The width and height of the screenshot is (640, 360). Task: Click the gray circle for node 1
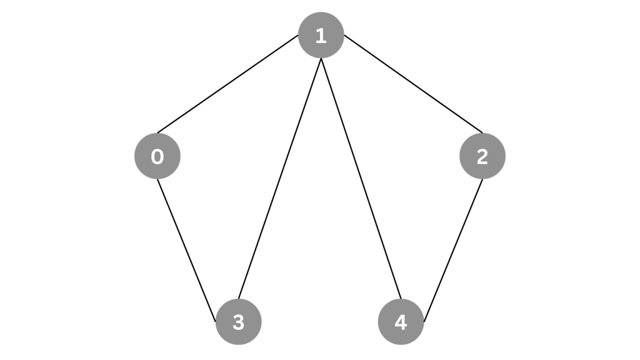pyautogui.click(x=321, y=35)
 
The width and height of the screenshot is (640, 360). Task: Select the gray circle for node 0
pyautogui.click(x=157, y=156)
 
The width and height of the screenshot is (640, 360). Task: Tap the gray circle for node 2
pyautogui.click(x=482, y=156)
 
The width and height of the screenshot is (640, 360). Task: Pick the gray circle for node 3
pyautogui.click(x=238, y=322)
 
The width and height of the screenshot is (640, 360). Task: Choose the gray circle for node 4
pyautogui.click(x=401, y=322)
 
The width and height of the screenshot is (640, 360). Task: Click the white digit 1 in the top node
pyautogui.click(x=321, y=36)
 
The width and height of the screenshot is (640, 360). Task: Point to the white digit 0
pyautogui.click(x=157, y=156)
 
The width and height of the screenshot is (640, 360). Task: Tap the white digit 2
pyautogui.click(x=482, y=156)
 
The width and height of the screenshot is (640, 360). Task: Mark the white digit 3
pyautogui.click(x=238, y=322)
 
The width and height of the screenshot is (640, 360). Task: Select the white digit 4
pyautogui.click(x=401, y=322)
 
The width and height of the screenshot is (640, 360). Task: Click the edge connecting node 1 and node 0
pyautogui.click(x=227, y=84)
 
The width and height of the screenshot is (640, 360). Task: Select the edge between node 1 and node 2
pyautogui.click(x=413, y=84)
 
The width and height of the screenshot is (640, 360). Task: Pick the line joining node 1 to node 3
pyautogui.click(x=279, y=178)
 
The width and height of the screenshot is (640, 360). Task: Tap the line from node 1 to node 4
pyautogui.click(x=361, y=178)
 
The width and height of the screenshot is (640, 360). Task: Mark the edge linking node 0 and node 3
pyautogui.click(x=186, y=250)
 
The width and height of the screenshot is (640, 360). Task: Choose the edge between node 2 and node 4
pyautogui.click(x=454, y=250)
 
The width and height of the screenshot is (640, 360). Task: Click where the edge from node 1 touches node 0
pyautogui.click(x=157, y=133)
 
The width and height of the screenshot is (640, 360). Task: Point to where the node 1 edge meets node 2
pyautogui.click(x=482, y=133)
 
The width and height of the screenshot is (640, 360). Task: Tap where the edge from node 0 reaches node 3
pyautogui.click(x=216, y=322)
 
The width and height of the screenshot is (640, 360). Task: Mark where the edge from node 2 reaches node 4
pyautogui.click(x=424, y=322)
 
